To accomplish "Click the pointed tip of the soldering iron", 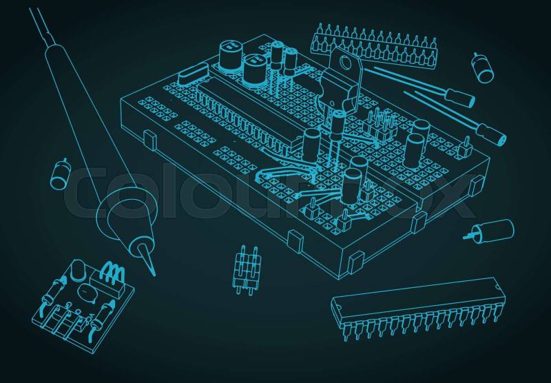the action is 154,275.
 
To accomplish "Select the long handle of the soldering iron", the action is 88,116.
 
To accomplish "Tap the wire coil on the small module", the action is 113,272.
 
